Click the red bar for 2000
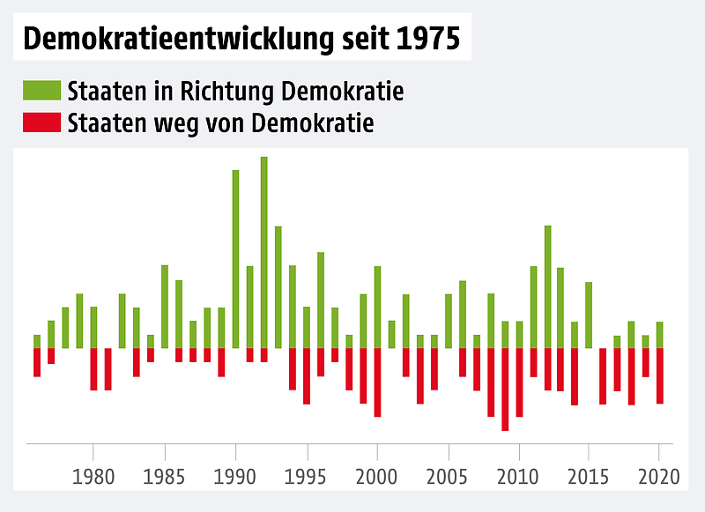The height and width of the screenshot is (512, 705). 377,382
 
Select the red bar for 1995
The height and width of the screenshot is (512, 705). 307,376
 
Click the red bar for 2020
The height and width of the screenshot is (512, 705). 659,376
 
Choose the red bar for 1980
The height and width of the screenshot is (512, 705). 93,369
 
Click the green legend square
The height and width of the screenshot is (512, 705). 41,91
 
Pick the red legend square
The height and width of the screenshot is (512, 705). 41,123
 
